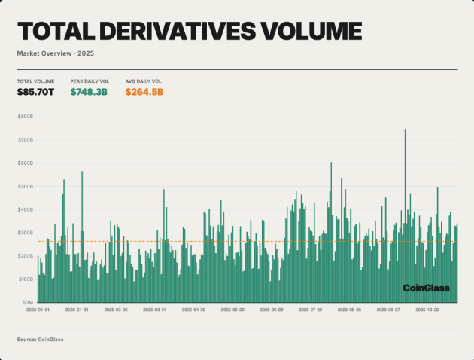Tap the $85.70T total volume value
coord(35,92)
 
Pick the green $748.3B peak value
coord(89,92)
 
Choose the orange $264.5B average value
coord(144,92)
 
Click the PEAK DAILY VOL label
coord(89,81)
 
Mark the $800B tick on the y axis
coord(25,117)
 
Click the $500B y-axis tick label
coord(25,186)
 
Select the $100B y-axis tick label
coord(25,279)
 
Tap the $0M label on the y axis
coord(26,301)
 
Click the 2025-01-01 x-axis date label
coord(38,309)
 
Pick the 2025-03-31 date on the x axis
coord(154,309)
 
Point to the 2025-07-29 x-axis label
coord(310,309)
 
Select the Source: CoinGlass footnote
coord(41,340)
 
